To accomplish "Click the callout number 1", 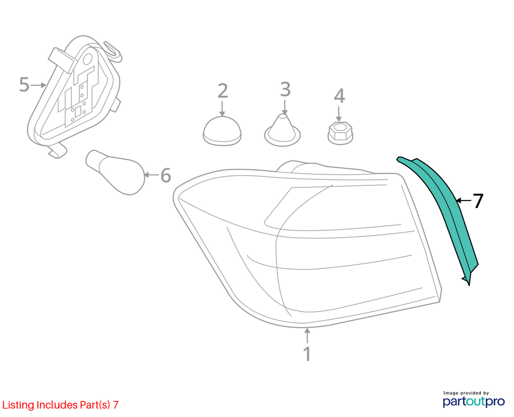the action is pyautogui.click(x=307, y=354).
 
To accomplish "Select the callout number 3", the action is pyautogui.click(x=285, y=89).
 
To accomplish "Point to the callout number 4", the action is pyautogui.click(x=339, y=96).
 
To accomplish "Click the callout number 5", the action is pyautogui.click(x=24, y=84).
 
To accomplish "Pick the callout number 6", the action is pyautogui.click(x=166, y=175).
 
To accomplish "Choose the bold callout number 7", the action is pyautogui.click(x=478, y=201).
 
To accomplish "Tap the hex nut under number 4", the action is pyautogui.click(x=340, y=133).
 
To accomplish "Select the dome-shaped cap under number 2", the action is pyautogui.click(x=222, y=131).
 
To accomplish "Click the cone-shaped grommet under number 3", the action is pyautogui.click(x=282, y=130).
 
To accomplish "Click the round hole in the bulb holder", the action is pyautogui.click(x=87, y=59).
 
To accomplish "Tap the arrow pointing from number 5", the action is pyautogui.click(x=38, y=85).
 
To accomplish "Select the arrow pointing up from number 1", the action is pyautogui.click(x=307, y=336).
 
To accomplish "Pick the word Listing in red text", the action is pyautogui.click(x=19, y=405).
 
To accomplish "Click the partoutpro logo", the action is pyautogui.click(x=474, y=401).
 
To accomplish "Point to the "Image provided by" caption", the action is pyautogui.click(x=466, y=393).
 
